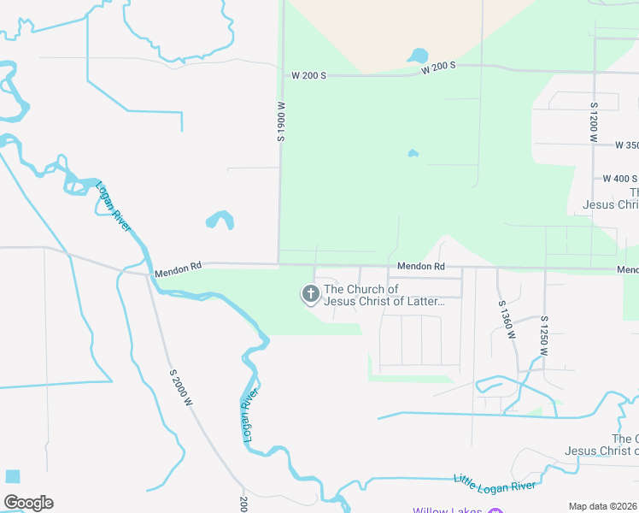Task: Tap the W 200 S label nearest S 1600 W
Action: click(308, 76)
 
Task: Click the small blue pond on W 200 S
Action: click(419, 56)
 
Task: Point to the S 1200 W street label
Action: click(593, 121)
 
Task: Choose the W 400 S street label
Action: click(619, 179)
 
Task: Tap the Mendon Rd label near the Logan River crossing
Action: click(178, 267)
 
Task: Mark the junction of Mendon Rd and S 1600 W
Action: click(279, 264)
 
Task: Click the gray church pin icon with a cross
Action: click(310, 295)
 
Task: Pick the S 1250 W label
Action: click(543, 335)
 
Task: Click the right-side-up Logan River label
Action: click(114, 205)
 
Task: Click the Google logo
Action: click(28, 502)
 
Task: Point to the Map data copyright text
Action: click(603, 506)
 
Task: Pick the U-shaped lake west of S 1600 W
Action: click(220, 220)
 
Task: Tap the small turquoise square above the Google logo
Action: click(12, 476)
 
